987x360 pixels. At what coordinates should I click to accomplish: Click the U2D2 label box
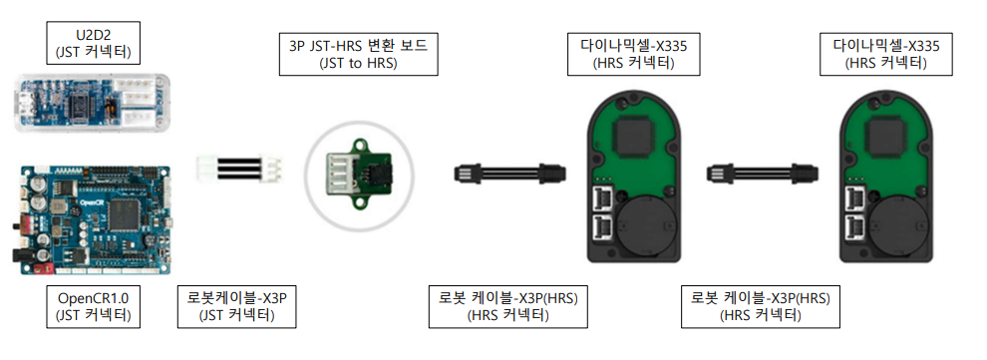coord(93,43)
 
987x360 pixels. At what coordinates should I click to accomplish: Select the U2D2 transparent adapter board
coord(93,104)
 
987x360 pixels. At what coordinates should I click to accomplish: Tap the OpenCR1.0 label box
coord(93,306)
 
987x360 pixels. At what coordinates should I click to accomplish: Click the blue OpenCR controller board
coord(92,220)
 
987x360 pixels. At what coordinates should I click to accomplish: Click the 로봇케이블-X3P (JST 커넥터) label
coord(236,306)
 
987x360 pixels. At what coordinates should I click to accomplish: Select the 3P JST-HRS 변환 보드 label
coord(358,56)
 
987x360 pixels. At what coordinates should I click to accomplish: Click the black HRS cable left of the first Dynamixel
coord(509,172)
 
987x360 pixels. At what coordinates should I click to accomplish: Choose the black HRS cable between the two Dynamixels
coord(763,172)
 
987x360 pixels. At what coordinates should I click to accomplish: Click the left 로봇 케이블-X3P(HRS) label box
coord(508,306)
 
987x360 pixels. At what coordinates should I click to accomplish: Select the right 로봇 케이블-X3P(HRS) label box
coord(761,306)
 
